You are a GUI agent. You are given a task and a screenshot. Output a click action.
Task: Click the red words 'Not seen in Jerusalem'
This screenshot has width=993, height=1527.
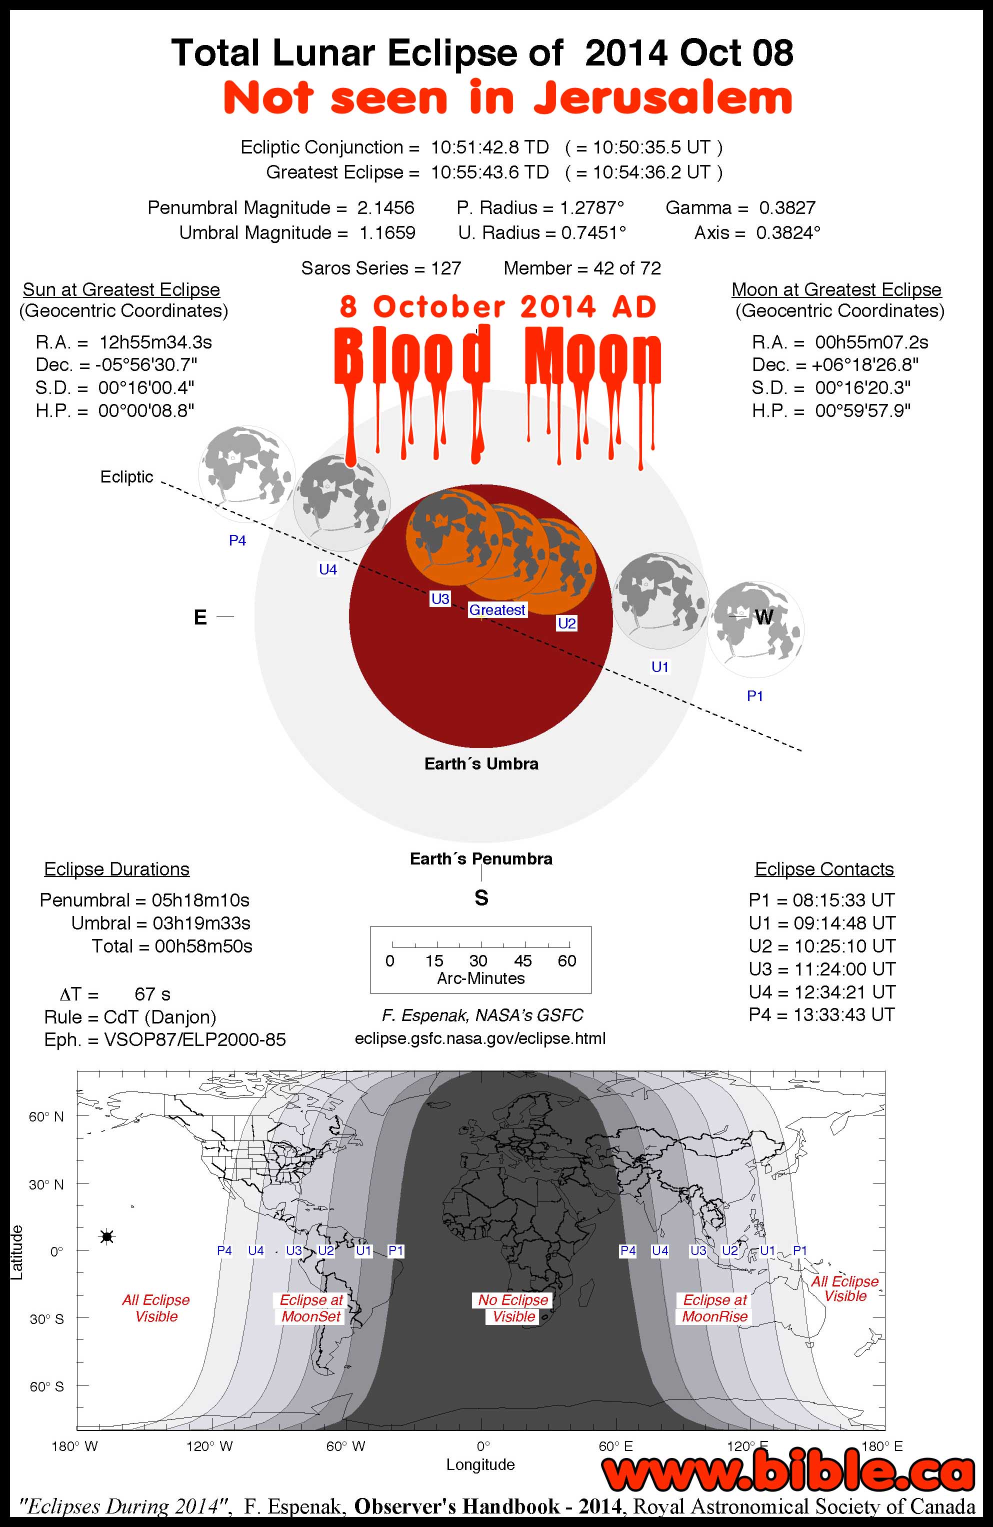[x=507, y=98]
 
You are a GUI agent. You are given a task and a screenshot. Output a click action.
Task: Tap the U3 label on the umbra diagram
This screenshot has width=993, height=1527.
[x=440, y=598]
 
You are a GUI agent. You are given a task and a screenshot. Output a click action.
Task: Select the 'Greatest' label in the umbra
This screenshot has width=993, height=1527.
[x=497, y=609]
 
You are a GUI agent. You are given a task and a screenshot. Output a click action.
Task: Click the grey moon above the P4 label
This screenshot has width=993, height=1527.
[x=246, y=473]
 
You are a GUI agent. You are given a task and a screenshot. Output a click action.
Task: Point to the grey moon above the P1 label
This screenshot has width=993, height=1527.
[x=755, y=629]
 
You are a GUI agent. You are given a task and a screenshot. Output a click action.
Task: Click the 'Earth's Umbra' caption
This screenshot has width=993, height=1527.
[x=481, y=763]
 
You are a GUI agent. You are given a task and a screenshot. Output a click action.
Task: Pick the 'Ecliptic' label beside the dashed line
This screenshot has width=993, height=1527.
[x=126, y=476]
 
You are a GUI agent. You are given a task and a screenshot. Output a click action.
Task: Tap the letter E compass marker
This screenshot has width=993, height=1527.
[x=200, y=617]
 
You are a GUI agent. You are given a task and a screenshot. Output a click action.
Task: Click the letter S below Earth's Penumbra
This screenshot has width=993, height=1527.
[x=481, y=897]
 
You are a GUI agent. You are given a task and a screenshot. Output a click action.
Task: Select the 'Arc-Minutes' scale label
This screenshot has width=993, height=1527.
[x=480, y=978]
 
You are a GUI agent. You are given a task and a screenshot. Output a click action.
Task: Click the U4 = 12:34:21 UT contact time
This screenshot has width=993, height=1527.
[x=821, y=992]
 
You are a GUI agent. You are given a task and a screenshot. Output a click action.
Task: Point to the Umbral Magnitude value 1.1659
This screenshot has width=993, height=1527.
[x=387, y=232]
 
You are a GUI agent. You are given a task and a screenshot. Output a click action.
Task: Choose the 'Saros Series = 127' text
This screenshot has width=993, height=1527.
[x=381, y=268]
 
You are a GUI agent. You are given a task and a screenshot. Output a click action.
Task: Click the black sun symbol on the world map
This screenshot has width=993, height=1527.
[x=107, y=1236]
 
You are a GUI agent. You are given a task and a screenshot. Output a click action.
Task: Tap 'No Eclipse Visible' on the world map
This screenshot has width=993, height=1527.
[x=513, y=1308]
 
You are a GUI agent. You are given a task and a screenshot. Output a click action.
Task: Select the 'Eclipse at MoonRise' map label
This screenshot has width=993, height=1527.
[x=714, y=1308]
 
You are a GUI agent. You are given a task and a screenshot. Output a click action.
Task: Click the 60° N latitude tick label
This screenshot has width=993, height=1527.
[x=46, y=1117]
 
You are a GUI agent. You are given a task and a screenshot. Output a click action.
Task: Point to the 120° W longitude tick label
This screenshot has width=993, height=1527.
[x=209, y=1446]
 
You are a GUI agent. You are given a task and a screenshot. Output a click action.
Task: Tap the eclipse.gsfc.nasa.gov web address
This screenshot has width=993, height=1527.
[x=480, y=1038]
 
